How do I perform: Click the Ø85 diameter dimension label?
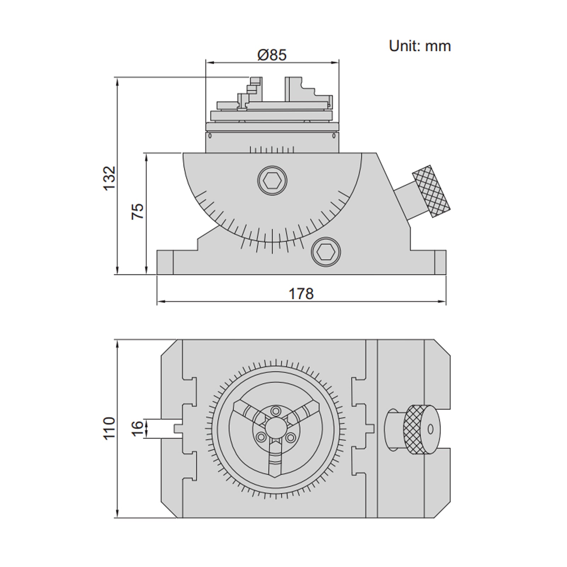pos(272,55)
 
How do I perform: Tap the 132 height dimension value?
pos(110,178)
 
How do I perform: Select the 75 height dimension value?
pos(138,211)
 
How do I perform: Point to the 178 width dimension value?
pos(301,294)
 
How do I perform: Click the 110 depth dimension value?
pos(110,428)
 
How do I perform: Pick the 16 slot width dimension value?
pos(138,428)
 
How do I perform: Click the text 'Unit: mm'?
pos(420,46)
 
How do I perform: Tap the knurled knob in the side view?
pos(431,191)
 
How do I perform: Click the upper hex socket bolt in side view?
pos(272,181)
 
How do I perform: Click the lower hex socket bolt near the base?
pos(326,252)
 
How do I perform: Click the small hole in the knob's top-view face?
pos(431,429)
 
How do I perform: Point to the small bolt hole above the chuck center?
pos(275,410)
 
